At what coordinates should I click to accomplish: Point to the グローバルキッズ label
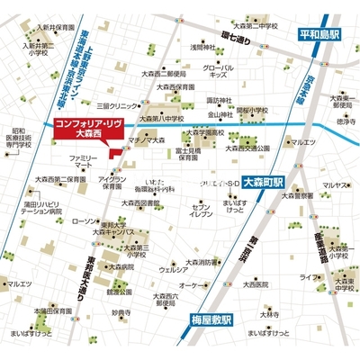(219, 71)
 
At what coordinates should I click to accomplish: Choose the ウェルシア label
(173, 268)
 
